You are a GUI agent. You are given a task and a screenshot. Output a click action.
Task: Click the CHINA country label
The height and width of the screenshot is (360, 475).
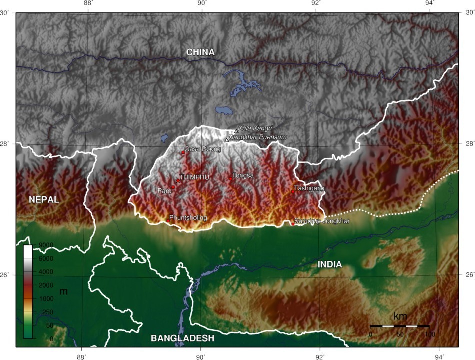tap(200, 52)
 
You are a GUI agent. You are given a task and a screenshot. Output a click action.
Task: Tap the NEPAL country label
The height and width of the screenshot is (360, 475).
tap(44, 200)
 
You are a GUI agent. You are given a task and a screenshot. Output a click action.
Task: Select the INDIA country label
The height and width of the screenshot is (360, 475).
tap(330, 264)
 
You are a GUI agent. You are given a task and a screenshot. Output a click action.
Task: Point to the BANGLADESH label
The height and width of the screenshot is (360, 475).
tap(182, 338)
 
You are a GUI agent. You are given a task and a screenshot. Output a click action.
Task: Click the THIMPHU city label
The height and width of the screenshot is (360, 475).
tap(194, 177)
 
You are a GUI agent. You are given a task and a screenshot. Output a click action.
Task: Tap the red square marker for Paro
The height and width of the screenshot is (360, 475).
tap(173, 187)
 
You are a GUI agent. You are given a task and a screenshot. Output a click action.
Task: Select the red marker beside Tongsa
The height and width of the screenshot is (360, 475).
tap(230, 178)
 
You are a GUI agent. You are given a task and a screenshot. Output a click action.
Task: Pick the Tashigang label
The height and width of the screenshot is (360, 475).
tap(309, 188)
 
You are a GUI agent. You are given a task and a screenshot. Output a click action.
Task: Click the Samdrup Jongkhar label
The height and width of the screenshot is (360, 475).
tap(322, 220)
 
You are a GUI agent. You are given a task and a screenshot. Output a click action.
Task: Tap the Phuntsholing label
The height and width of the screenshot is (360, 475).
tap(188, 218)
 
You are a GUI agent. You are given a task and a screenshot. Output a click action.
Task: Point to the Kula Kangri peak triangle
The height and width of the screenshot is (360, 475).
tap(236, 131)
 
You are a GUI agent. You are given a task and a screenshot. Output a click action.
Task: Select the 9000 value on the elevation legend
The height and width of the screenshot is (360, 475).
tap(45, 245)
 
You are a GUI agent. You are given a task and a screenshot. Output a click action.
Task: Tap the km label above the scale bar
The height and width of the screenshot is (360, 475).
tap(400, 316)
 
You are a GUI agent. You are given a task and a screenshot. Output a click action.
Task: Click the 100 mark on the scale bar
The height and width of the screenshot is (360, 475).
tap(429, 334)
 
